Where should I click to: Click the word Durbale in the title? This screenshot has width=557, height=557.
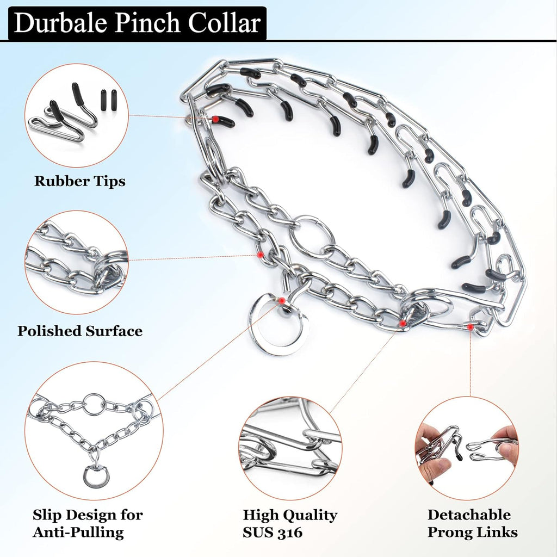point(60,23)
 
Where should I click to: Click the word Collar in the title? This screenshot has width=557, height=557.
point(225,23)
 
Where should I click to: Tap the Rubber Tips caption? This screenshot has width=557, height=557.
point(79,181)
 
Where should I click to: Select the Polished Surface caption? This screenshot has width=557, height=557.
point(80,331)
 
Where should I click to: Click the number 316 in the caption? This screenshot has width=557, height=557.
point(290,532)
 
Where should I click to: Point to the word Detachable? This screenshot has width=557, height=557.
point(469,515)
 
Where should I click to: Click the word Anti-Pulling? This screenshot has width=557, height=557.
point(78,532)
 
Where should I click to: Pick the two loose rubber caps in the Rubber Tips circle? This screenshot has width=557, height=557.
point(109,100)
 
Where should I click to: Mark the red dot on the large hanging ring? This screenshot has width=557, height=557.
point(282,301)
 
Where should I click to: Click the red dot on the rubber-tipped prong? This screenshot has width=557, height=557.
point(215,120)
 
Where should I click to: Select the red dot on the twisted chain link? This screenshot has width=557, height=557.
point(261,255)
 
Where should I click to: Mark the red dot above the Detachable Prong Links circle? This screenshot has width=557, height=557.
point(471,327)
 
